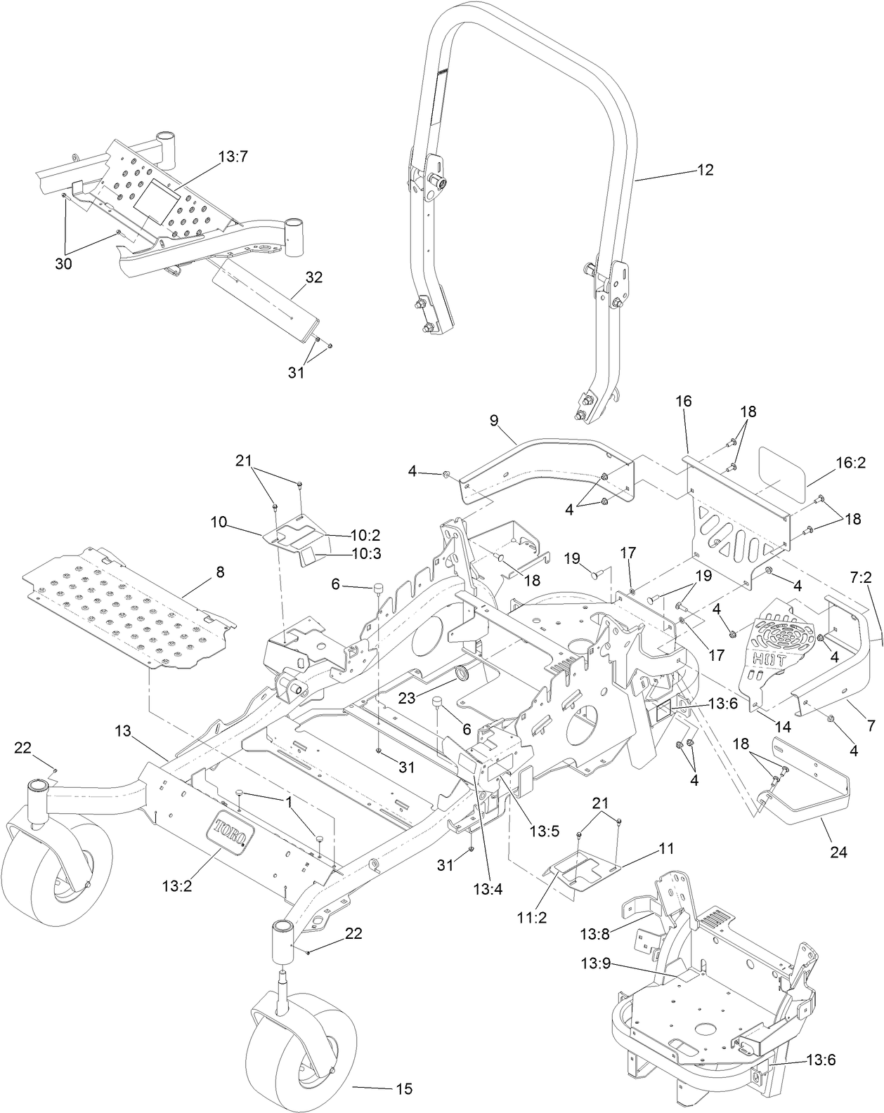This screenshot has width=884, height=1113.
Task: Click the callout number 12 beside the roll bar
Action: pyautogui.click(x=705, y=169)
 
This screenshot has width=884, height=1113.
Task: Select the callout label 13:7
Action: pyautogui.click(x=233, y=159)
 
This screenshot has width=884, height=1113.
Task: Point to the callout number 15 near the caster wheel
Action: pyautogui.click(x=404, y=1089)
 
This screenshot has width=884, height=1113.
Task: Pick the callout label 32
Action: pyautogui.click(x=313, y=277)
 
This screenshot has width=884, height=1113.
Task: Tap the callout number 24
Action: pyautogui.click(x=838, y=852)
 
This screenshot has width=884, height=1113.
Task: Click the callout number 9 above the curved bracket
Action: pyautogui.click(x=493, y=420)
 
